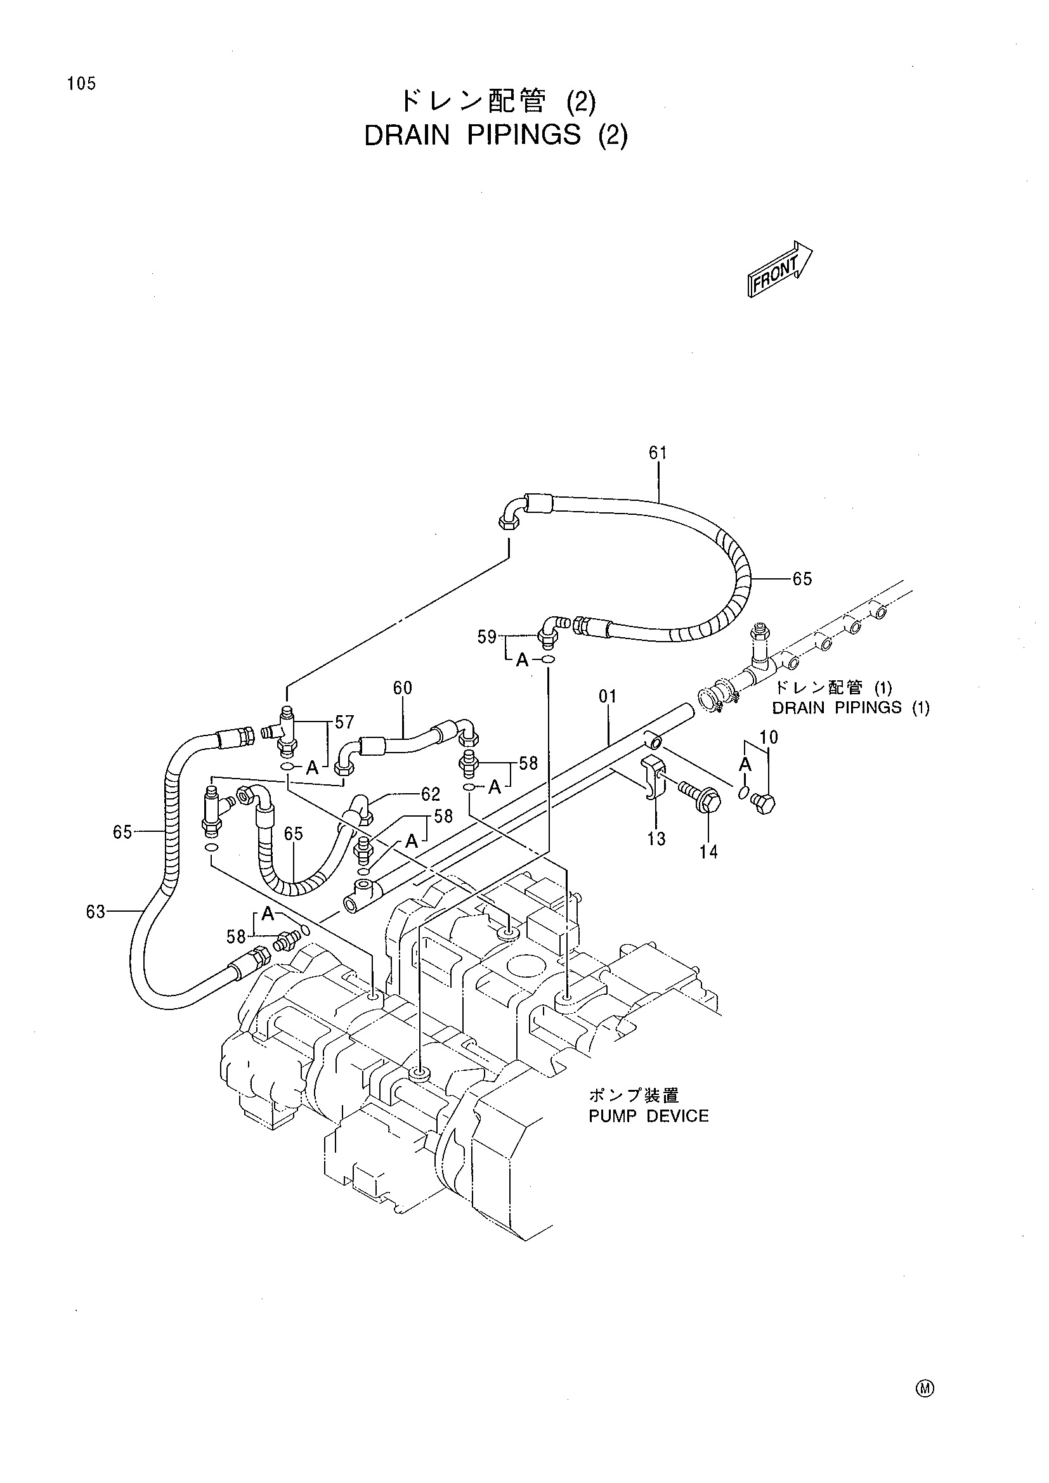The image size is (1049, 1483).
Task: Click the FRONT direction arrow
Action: pyautogui.click(x=779, y=269)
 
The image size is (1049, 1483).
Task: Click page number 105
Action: pyautogui.click(x=81, y=83)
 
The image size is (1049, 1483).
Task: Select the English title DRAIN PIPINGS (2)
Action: pyautogui.click(x=495, y=136)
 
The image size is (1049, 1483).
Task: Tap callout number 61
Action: pyautogui.click(x=658, y=453)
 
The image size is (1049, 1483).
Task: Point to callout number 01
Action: pyautogui.click(x=608, y=696)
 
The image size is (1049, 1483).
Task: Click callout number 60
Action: pyautogui.click(x=403, y=688)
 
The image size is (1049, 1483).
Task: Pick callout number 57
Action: pyautogui.click(x=344, y=722)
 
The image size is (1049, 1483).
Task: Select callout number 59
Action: pyautogui.click(x=487, y=637)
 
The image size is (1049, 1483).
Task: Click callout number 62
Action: pyautogui.click(x=430, y=794)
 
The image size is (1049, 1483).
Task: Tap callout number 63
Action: pyautogui.click(x=96, y=911)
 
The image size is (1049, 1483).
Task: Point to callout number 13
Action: pyautogui.click(x=656, y=839)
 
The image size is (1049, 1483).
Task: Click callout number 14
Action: pyautogui.click(x=708, y=852)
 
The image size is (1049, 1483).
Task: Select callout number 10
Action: pyautogui.click(x=769, y=737)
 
